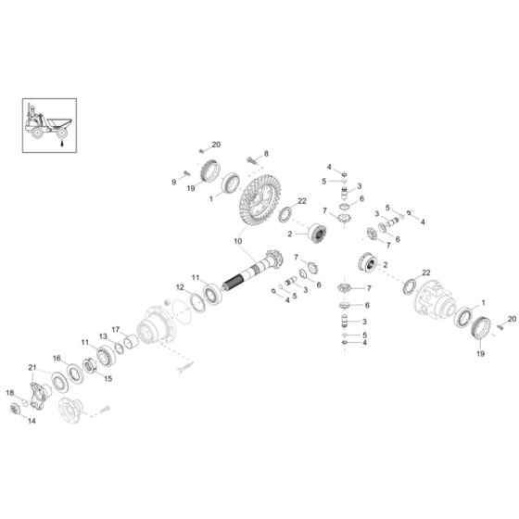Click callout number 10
[x=237, y=244]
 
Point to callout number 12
[x=180, y=287]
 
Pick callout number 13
[x=104, y=336]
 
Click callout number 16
[x=57, y=358]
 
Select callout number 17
[x=117, y=329]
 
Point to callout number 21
[x=32, y=367]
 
